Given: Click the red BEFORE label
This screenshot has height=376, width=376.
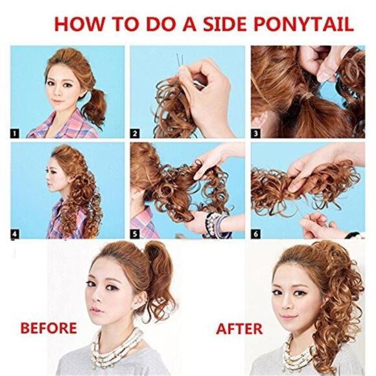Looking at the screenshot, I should coord(49,328).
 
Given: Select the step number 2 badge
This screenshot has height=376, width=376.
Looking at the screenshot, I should coord(135,134).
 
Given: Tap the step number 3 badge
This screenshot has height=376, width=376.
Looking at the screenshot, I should coord(255,134).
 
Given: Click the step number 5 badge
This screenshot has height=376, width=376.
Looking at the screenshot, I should coord(135,233).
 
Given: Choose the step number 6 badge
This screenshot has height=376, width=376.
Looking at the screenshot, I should coord(255,233).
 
